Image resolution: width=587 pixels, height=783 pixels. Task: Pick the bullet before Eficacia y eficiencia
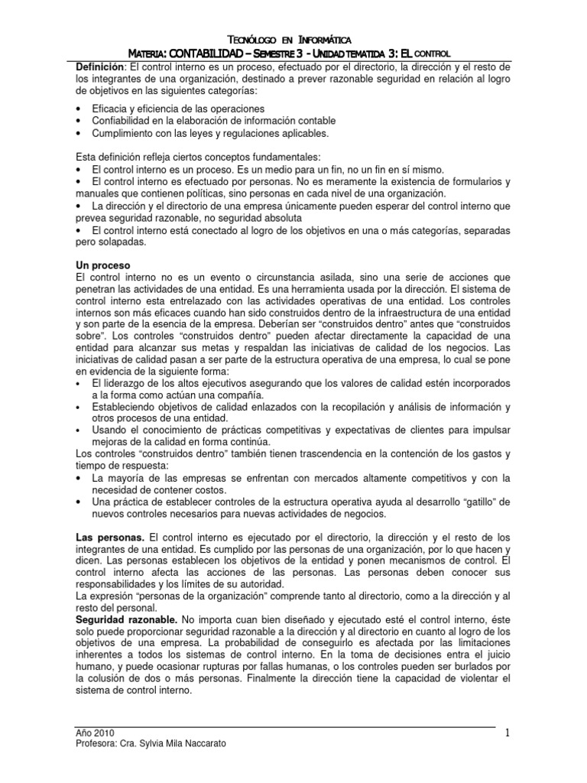[80, 109]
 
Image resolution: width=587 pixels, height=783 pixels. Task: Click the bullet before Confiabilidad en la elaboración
[80, 121]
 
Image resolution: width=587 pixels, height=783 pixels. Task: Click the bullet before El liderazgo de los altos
[80, 382]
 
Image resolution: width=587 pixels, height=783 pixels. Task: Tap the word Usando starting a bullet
[109, 430]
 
